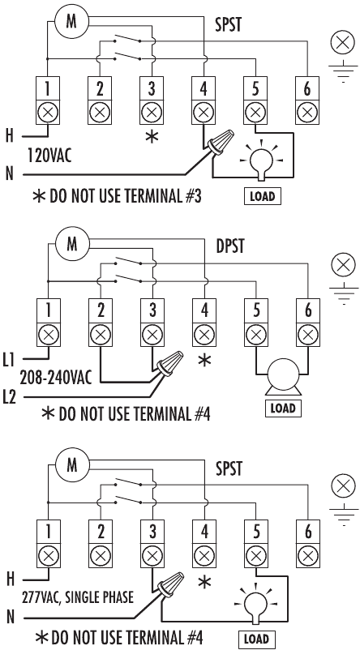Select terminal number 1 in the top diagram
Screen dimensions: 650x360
tap(50, 88)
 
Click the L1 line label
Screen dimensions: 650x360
tap(11, 357)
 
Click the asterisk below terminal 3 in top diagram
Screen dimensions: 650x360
tap(151, 136)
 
